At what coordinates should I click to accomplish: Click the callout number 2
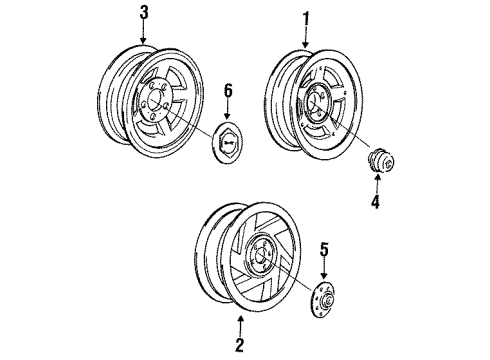point(238,348)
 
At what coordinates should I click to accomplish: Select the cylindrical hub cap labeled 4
point(379,163)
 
